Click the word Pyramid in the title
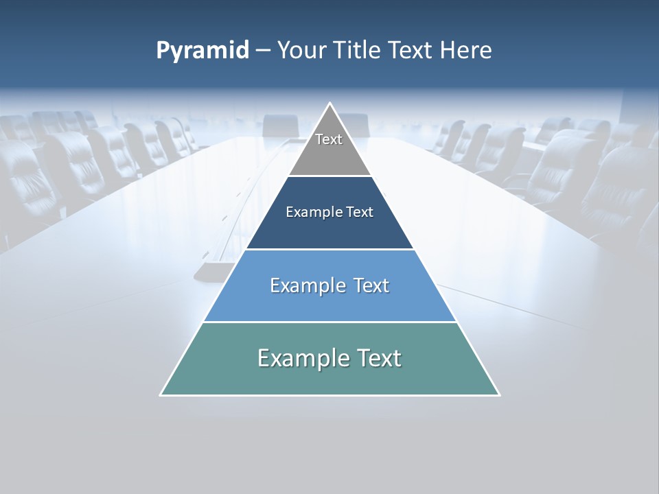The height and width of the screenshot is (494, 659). click(x=203, y=51)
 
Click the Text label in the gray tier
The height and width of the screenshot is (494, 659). click(x=329, y=139)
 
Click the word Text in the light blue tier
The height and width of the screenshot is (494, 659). click(x=371, y=285)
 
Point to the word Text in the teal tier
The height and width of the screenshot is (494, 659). click(x=380, y=358)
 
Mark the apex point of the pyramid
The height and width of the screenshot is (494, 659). click(x=329, y=104)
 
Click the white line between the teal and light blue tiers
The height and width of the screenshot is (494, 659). click(x=329, y=322)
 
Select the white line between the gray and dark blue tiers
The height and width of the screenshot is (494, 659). click(x=329, y=176)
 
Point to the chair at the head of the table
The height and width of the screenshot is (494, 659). click(x=281, y=125)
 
